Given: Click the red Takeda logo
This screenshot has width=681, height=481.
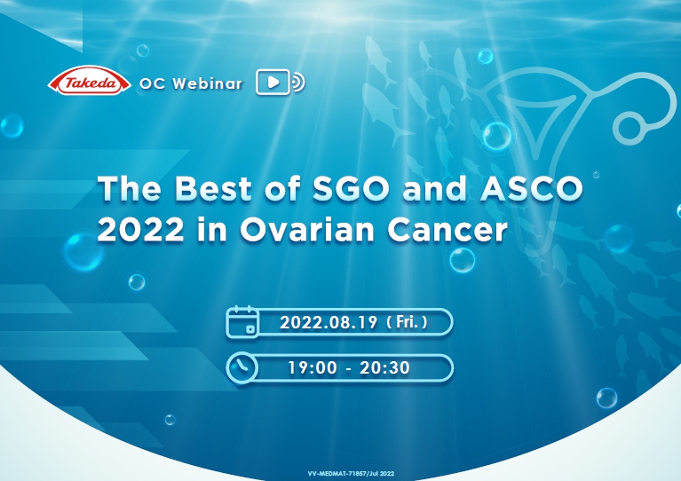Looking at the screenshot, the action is coord(89,81).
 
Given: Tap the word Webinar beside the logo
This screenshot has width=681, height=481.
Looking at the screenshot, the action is coord(207,83).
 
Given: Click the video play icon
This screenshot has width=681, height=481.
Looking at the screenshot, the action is coord(273,82).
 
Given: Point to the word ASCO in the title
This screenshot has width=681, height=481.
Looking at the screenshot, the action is coord(531,188).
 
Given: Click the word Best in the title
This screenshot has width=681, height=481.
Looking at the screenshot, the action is coord(214,188).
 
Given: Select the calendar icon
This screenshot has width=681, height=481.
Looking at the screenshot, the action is coord(242,321).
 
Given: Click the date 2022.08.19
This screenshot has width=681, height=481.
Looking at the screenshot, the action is coord(329,322).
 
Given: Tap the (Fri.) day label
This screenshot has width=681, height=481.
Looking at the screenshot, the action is coord(407,322).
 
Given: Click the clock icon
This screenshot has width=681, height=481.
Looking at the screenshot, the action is coord(242,367).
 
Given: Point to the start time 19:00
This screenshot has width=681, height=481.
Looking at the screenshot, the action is coord(313,367).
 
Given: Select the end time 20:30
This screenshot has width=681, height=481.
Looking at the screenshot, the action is coord(384,367).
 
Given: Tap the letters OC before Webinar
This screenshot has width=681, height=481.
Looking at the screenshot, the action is coord(153,83).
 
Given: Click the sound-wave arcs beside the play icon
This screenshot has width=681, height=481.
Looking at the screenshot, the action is coord(299,82).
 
